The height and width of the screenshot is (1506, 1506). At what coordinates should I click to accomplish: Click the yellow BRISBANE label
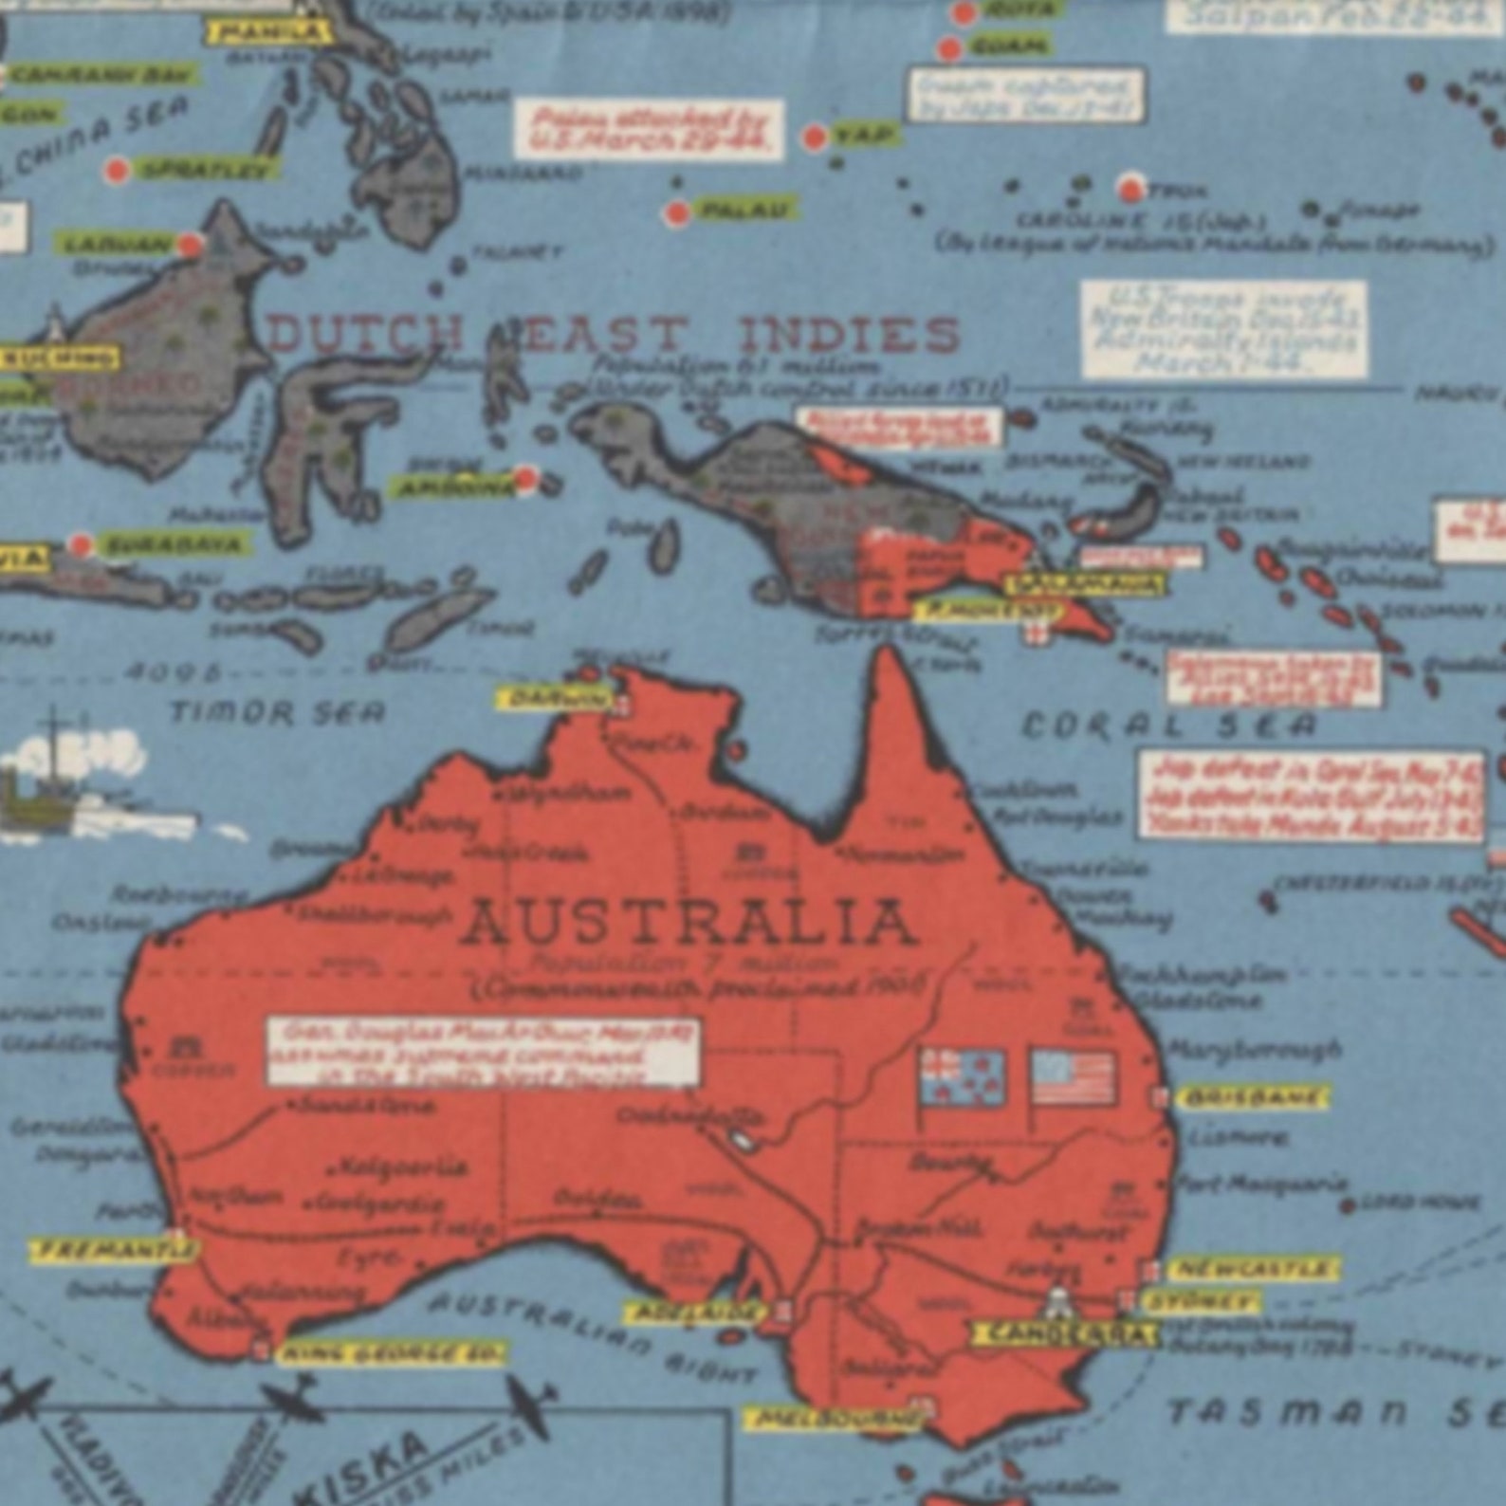(1251, 1098)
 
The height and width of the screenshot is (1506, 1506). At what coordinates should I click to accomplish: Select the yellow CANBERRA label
(1064, 1333)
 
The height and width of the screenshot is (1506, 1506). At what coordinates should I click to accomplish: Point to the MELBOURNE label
(834, 1419)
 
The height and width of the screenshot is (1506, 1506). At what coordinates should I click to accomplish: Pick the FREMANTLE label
(114, 1250)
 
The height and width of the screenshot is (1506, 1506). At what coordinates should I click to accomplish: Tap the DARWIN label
(556, 699)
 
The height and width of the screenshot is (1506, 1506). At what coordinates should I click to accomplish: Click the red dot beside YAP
(814, 138)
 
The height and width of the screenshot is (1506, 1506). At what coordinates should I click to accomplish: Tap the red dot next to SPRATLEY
(117, 171)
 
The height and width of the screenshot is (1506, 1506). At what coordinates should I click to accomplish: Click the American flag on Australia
(1074, 1077)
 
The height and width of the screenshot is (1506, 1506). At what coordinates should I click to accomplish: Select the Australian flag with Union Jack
(963, 1077)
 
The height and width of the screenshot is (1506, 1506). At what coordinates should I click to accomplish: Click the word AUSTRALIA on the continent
(689, 923)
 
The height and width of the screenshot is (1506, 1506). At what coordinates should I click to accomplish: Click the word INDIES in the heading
(849, 335)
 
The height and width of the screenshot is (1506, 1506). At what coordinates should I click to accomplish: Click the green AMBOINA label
(454, 487)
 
